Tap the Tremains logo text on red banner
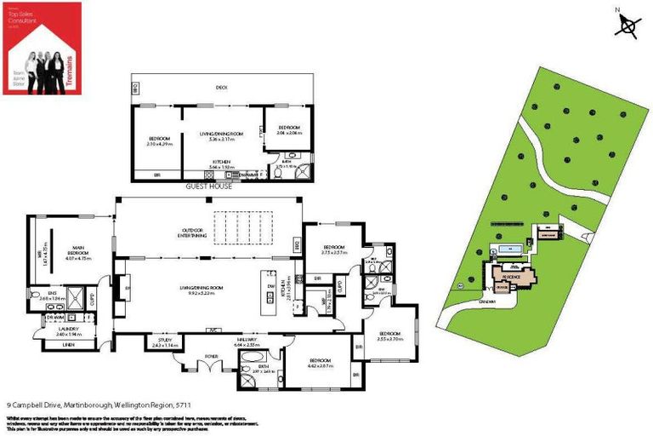[71, 67]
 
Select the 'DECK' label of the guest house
[221, 87]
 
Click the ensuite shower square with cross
[75, 298]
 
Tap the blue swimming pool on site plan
[511, 248]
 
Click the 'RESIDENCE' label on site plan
[511, 278]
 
